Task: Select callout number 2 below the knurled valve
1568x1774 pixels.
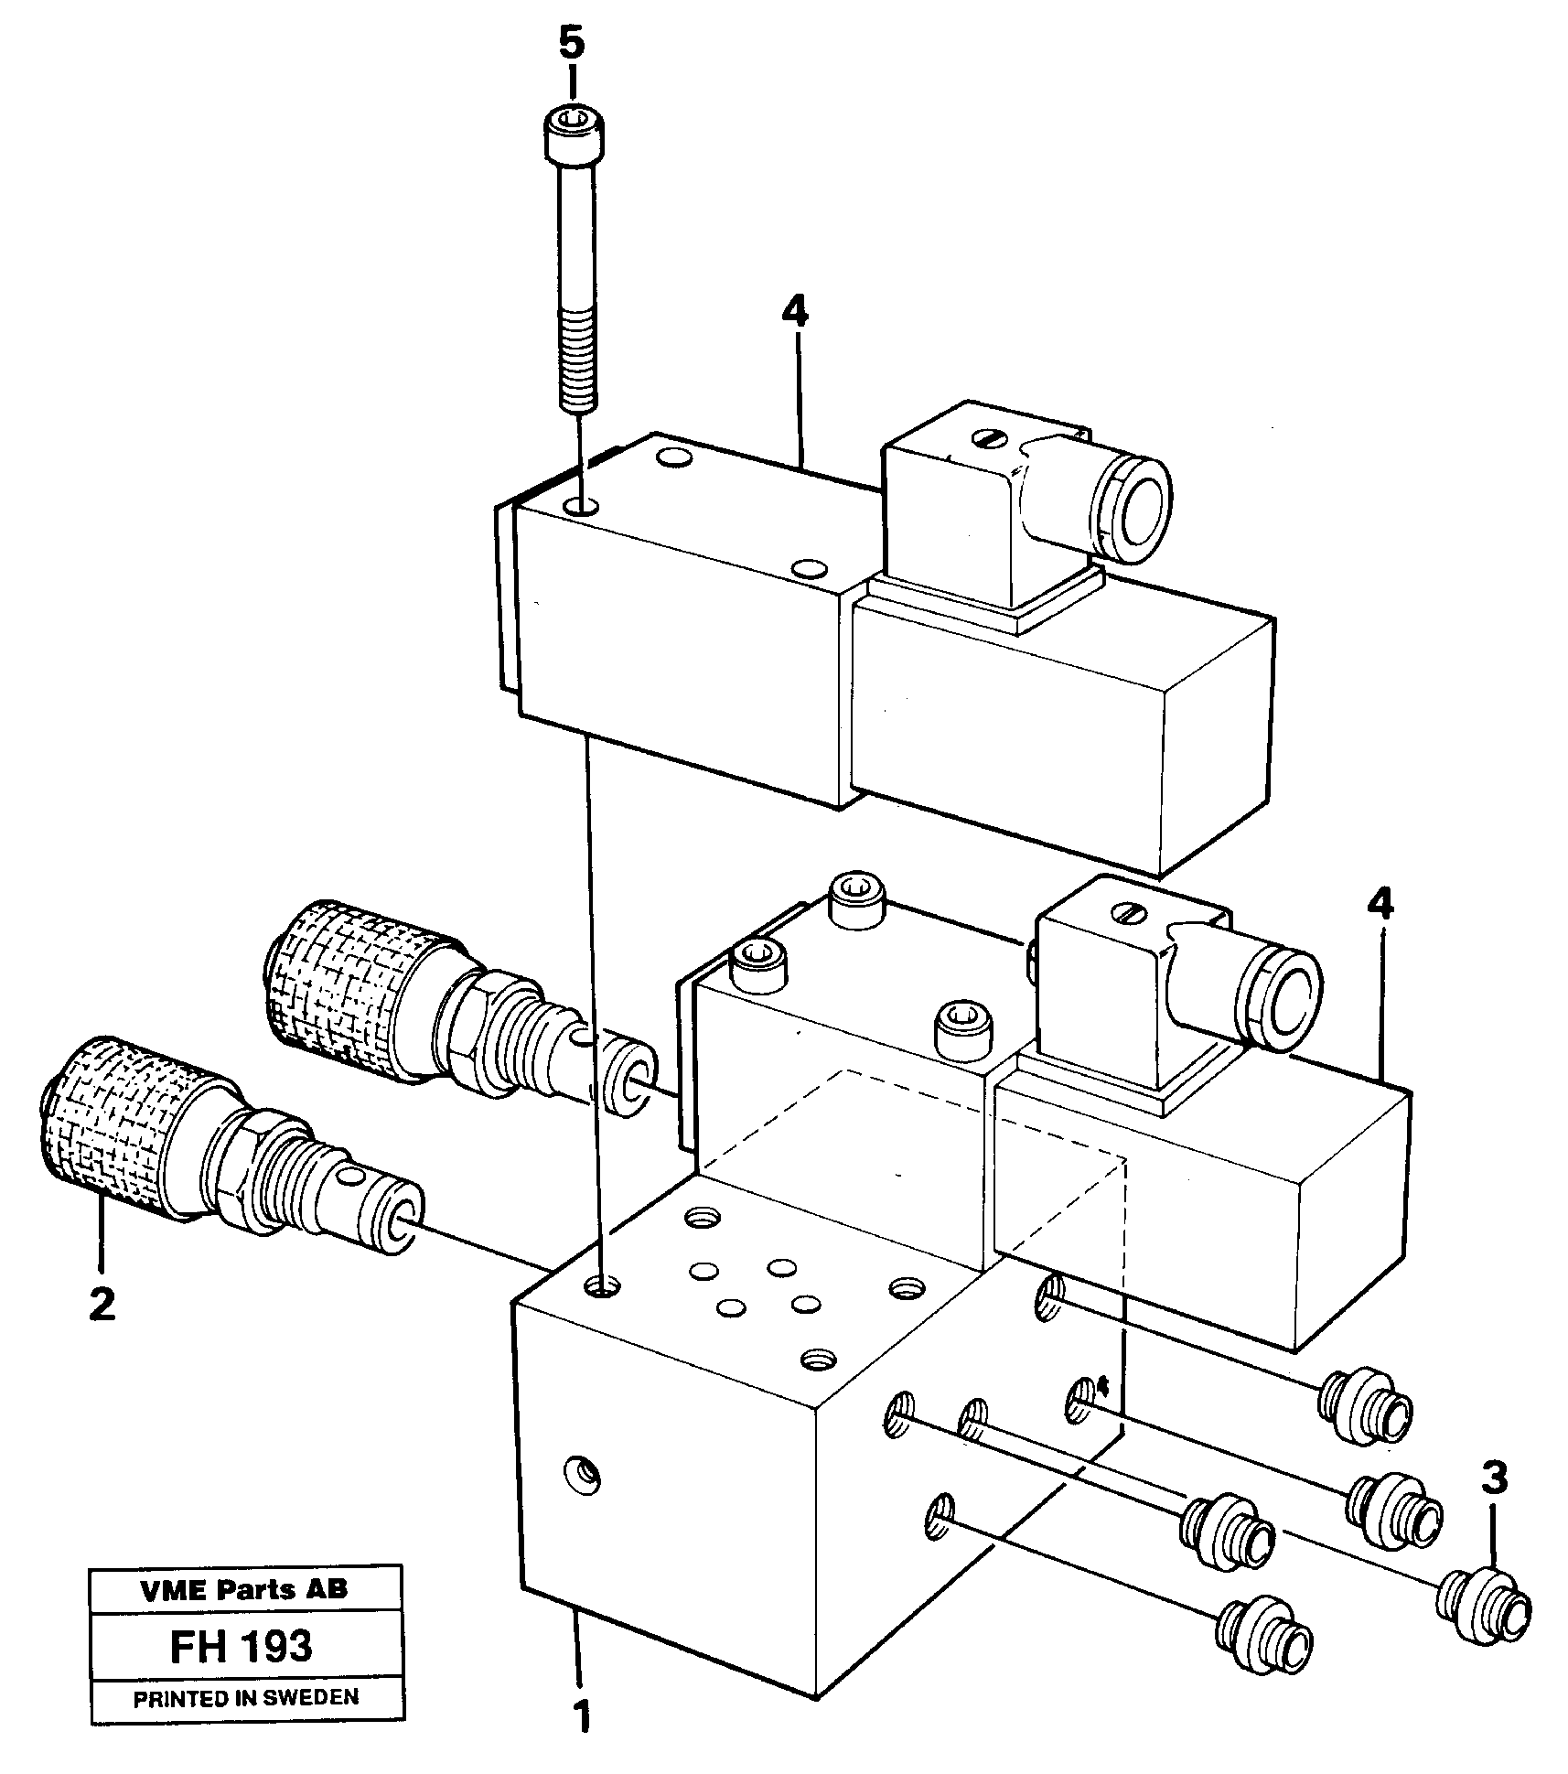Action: tap(102, 1303)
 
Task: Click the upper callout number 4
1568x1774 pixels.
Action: tap(795, 313)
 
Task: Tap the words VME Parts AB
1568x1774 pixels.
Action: tap(244, 1589)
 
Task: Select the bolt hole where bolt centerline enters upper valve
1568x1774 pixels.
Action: tap(580, 505)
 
